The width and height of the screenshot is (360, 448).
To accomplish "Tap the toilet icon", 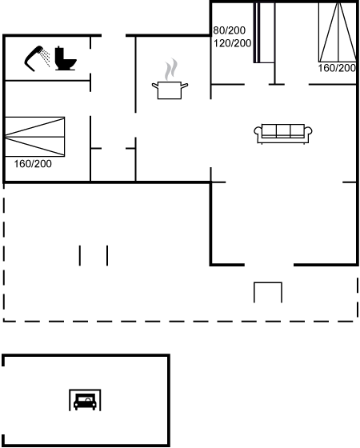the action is (65, 58).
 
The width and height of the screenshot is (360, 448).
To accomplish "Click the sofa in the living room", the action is (283, 134).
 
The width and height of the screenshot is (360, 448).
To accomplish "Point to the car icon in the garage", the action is (85, 402).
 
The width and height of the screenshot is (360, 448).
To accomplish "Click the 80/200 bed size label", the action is (229, 30).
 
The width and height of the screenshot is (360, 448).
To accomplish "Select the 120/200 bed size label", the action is (232, 43).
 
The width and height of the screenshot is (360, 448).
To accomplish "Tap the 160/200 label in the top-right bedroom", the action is (337, 68).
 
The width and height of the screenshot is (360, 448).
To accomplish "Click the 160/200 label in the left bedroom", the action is (33, 164).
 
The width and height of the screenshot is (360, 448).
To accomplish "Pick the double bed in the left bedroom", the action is (35, 137).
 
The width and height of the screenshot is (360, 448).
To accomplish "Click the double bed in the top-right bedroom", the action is (338, 32).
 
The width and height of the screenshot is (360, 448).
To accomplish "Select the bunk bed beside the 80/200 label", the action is (264, 33).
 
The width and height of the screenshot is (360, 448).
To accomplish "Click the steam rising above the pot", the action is (171, 69).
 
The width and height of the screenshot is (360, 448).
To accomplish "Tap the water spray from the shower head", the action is (46, 58).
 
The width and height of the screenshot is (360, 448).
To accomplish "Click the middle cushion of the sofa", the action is (283, 130).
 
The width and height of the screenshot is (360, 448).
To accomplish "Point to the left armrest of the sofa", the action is (258, 132).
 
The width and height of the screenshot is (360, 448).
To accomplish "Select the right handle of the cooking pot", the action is (185, 86).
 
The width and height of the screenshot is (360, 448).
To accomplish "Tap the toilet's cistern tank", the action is (59, 53).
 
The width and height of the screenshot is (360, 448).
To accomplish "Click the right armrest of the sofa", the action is (308, 132).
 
